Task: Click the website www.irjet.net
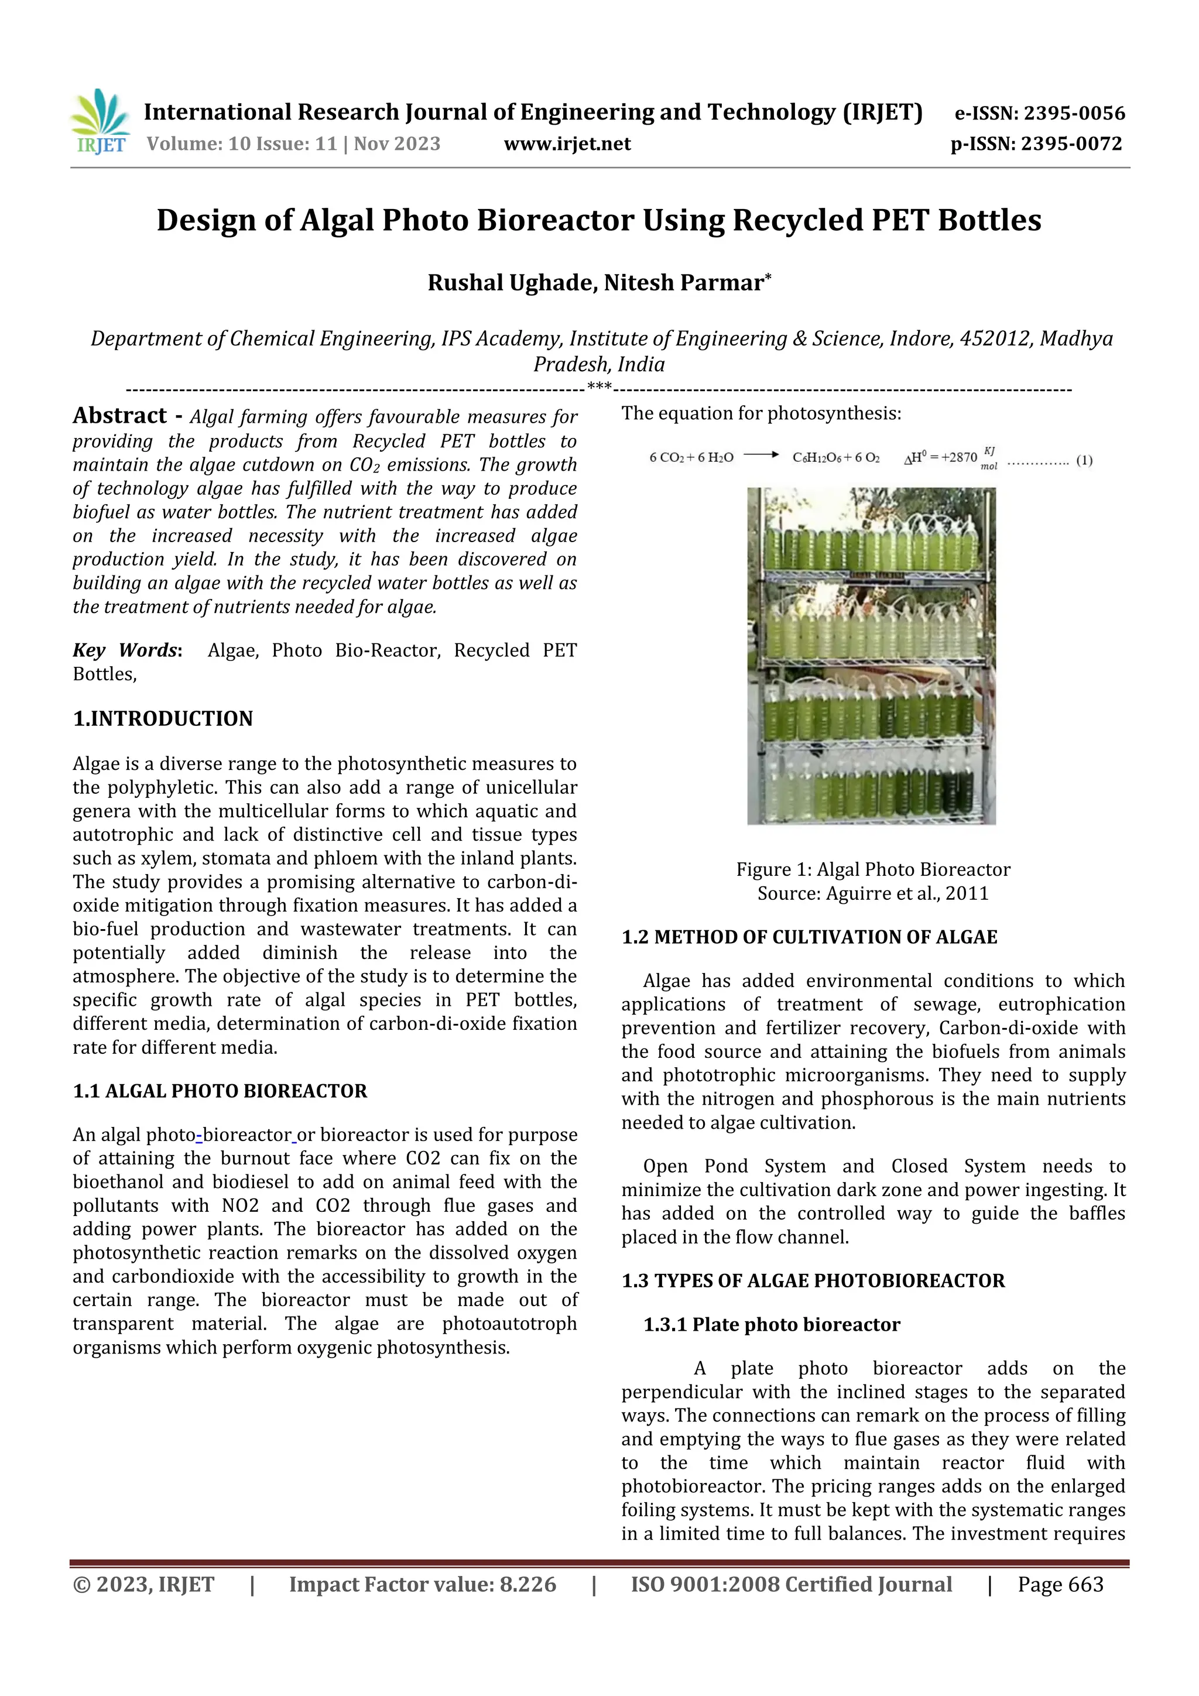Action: tap(567, 144)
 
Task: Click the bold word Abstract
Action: tap(119, 416)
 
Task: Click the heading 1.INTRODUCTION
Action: tap(163, 719)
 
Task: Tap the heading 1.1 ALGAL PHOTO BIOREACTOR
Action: tap(220, 1091)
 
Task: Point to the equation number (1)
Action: tap(1084, 460)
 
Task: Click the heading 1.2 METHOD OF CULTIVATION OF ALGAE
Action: tap(809, 937)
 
